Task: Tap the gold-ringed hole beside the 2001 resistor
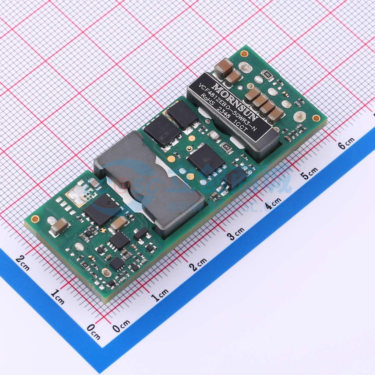pyautogui.click(x=245, y=53)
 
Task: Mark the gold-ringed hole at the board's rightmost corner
pyautogui.click(x=317, y=118)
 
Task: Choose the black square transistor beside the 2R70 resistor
pyautogui.click(x=204, y=157)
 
